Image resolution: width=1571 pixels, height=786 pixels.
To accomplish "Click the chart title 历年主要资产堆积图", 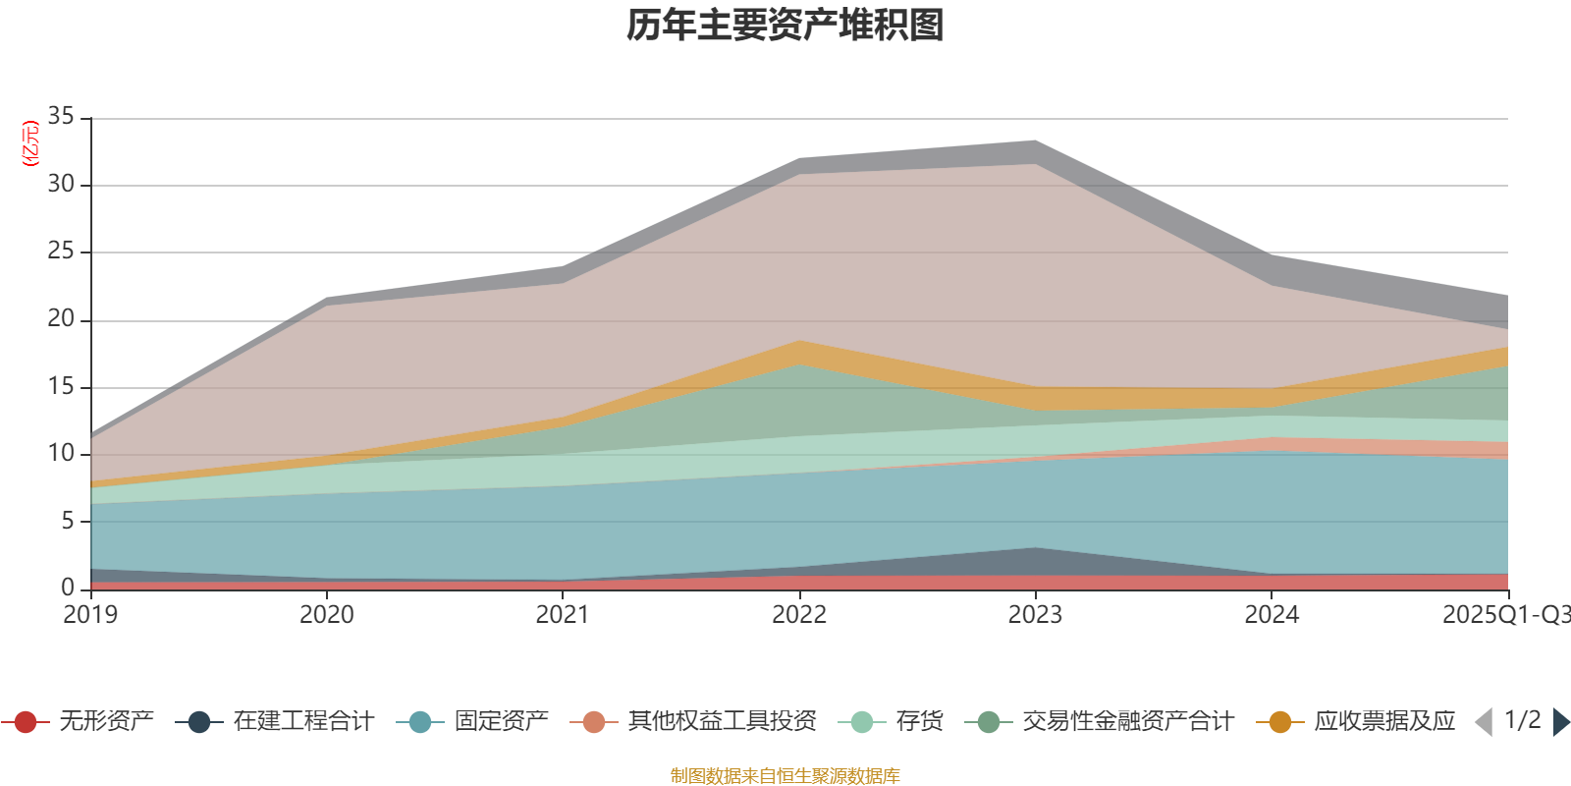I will (785, 26).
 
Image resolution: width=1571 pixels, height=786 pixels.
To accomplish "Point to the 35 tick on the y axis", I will (61, 117).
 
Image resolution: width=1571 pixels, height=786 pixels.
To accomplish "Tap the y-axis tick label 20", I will (61, 319).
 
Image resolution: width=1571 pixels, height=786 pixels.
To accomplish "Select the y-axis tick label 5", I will (68, 521).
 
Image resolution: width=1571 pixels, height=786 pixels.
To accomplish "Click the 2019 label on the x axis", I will (90, 615).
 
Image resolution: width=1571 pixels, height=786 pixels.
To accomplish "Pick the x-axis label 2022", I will (799, 615).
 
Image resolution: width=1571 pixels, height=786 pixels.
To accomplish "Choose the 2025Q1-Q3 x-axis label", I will (1504, 615).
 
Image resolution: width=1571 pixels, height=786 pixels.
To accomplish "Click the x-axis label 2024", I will (1272, 615).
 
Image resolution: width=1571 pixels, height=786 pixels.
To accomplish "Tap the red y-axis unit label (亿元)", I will (30, 143).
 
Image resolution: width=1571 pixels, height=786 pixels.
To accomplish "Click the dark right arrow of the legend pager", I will (1560, 722).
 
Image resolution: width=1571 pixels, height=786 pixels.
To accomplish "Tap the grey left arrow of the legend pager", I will (1484, 722).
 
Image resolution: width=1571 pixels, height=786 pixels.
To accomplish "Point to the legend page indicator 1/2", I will (1522, 720).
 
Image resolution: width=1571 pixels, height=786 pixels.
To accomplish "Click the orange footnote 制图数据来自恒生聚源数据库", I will (785, 776).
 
